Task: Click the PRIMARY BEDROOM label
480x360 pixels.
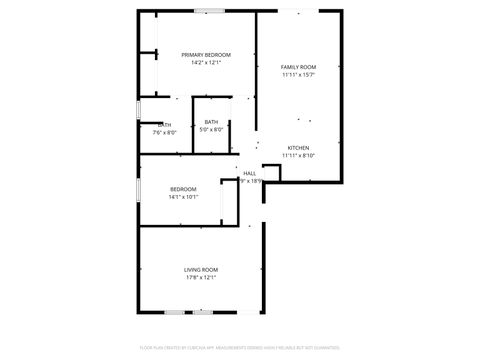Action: (206, 54)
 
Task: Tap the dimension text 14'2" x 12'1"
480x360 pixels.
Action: (206, 62)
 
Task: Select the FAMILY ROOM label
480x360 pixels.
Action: (298, 66)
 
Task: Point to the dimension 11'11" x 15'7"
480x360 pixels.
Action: (298, 74)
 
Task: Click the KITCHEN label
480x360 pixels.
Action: (299, 147)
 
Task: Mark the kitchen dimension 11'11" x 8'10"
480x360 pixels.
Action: (299, 155)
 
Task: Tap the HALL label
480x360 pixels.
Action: (249, 173)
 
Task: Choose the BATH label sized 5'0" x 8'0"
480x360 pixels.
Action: (212, 121)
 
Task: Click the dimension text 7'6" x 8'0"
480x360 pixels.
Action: (165, 133)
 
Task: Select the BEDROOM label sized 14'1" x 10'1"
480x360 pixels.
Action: (183, 189)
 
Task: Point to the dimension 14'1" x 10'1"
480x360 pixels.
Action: (183, 197)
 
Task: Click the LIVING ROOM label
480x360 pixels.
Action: (201, 269)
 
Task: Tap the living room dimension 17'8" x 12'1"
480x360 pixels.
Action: (201, 277)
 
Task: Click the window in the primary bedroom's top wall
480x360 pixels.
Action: (209, 11)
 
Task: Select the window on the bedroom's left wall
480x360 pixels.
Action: (138, 189)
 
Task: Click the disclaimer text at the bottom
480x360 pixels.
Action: (240, 348)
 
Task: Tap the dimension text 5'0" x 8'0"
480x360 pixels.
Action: (212, 129)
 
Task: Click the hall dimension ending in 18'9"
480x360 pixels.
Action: (252, 181)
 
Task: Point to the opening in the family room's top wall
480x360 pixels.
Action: (299, 11)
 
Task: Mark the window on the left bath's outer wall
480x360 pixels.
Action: (138, 110)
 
